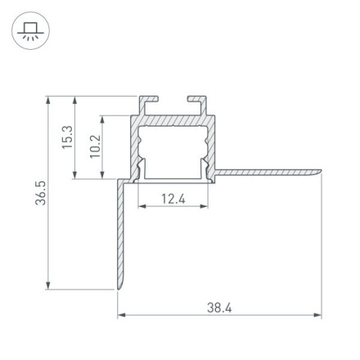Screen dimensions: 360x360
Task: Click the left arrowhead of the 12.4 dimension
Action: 140,206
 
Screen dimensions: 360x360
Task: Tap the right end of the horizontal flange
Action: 318,172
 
